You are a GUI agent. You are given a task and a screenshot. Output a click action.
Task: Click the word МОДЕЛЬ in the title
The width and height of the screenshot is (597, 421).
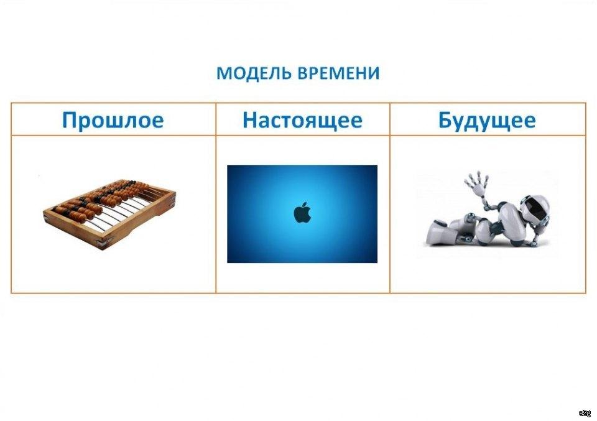[254, 73]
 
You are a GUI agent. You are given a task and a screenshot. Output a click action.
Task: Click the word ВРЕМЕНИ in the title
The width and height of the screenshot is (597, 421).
[338, 73]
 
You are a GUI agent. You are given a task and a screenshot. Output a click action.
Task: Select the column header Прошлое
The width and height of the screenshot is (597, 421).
[113, 120]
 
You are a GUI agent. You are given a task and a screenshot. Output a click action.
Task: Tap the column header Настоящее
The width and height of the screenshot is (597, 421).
[302, 120]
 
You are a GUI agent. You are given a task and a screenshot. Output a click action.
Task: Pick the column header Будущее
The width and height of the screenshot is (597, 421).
[487, 120]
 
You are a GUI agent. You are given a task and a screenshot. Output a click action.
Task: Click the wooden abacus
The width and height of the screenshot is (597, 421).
[109, 214]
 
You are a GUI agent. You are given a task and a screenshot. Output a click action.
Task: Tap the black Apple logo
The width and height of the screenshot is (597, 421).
[302, 213]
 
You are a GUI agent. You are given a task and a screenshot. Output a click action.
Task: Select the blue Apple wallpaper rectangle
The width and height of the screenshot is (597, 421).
[302, 214]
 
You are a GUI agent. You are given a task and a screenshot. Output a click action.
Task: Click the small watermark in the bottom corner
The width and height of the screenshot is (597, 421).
[585, 414]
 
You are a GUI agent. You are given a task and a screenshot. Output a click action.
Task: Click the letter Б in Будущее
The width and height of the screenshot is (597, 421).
[446, 120]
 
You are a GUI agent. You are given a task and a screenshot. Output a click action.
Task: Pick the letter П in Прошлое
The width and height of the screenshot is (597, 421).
[70, 120]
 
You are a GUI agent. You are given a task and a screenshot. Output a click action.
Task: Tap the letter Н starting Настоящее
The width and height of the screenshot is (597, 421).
[250, 120]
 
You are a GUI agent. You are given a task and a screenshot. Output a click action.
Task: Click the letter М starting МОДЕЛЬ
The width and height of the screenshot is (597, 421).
[223, 73]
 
